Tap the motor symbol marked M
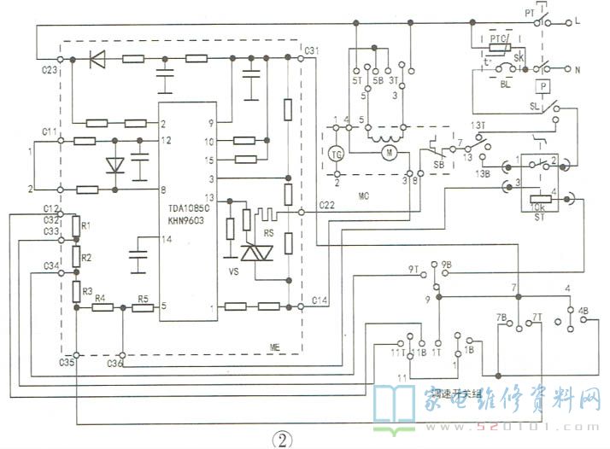[x=388, y=153]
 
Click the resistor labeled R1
[x=76, y=227]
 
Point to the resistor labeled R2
[x=76, y=258]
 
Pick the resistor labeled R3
[x=76, y=291]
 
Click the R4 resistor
[x=101, y=307]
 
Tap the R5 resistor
[x=143, y=307]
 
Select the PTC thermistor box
[x=498, y=40]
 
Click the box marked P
[x=542, y=85]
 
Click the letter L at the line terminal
[x=578, y=19]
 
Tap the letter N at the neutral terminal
[x=578, y=68]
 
